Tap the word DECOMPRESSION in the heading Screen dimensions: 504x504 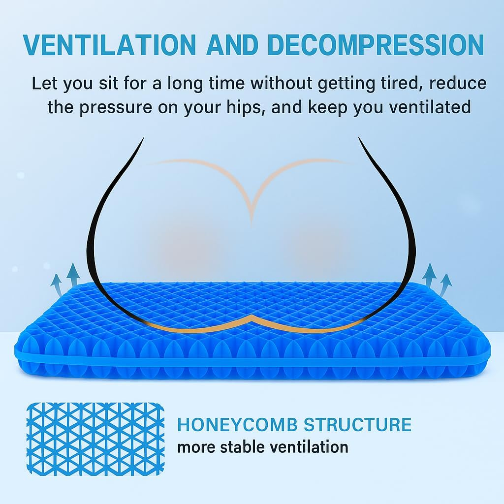pos(376,45)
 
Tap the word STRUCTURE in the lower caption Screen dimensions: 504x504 pos(357,424)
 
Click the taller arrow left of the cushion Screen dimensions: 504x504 pos(73,274)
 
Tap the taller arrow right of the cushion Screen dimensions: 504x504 pos(430,274)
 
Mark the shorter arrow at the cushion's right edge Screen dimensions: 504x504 pos(445,285)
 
